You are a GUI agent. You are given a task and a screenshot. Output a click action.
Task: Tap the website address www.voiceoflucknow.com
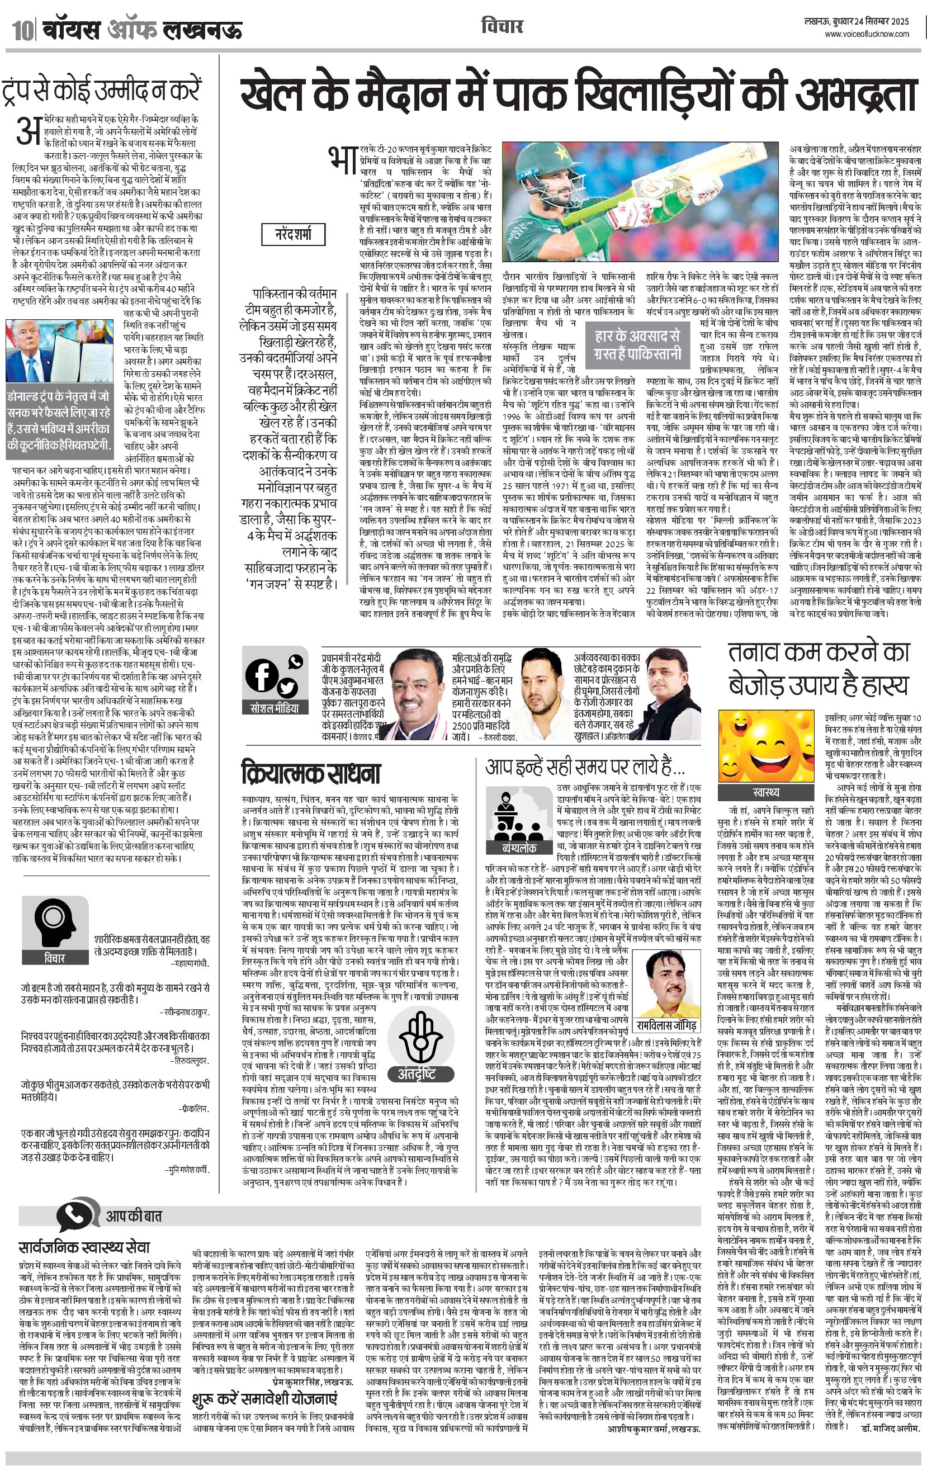point(867,35)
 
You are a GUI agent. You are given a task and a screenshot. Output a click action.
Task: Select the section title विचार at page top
point(502,26)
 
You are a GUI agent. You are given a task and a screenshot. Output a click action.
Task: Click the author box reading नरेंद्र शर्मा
point(293,233)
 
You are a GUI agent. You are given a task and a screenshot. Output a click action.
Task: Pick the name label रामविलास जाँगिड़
point(666,1024)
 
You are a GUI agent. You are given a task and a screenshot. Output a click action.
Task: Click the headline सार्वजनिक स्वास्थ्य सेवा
point(84,1247)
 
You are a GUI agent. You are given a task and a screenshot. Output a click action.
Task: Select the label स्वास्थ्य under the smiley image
point(767,792)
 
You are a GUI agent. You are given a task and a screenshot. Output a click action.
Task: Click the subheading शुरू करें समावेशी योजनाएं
point(264,1398)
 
